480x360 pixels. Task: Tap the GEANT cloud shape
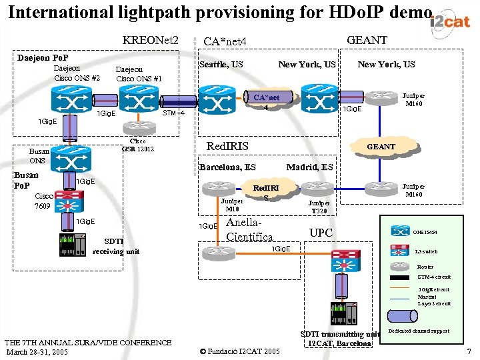pyautogui.click(x=382, y=147)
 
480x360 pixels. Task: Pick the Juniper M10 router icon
pyautogui.click(x=229, y=189)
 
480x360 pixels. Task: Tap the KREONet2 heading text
pyautogui.click(x=151, y=41)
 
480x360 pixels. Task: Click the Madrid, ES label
pyautogui.click(x=309, y=167)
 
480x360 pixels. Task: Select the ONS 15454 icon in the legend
pyautogui.click(x=400, y=231)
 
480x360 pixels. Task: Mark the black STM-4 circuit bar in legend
pyautogui.click(x=399, y=277)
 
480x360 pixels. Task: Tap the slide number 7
pyautogui.click(x=469, y=351)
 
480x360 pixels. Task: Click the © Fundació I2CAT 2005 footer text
pyautogui.click(x=240, y=351)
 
